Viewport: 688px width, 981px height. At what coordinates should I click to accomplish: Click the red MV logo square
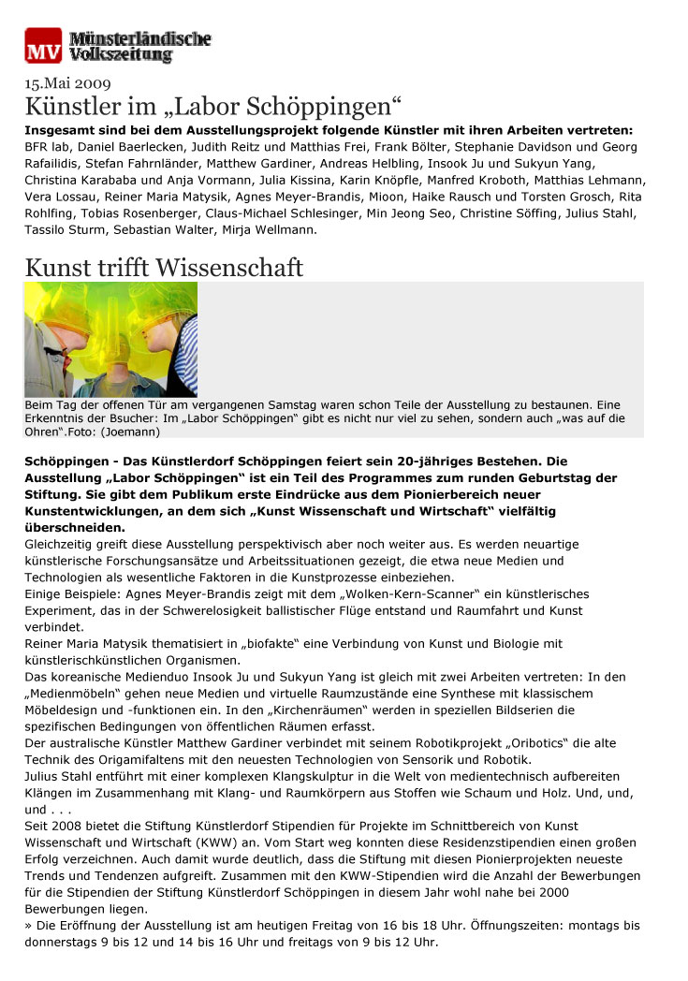click(x=43, y=46)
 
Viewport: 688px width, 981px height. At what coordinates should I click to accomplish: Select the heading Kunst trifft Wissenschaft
click(x=164, y=268)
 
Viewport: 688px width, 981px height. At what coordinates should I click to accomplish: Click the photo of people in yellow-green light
click(x=110, y=339)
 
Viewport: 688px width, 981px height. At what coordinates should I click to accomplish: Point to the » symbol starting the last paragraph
click(x=29, y=925)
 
